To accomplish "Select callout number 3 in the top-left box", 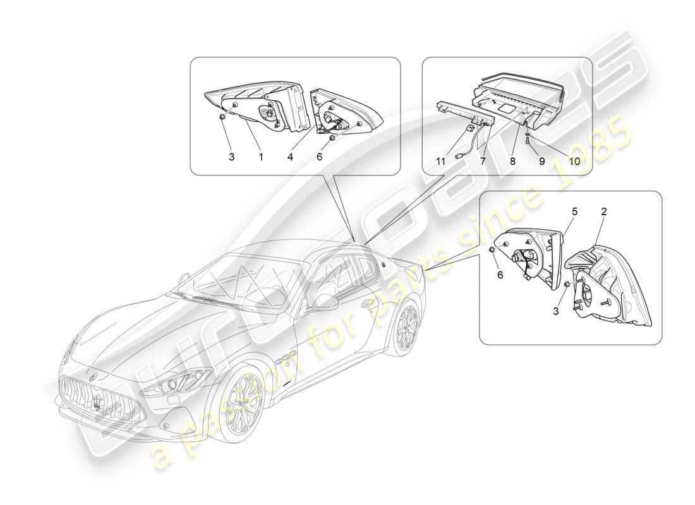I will pyautogui.click(x=232, y=157).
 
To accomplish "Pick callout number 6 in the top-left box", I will pyautogui.click(x=320, y=157).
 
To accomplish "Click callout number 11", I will pyautogui.click(x=440, y=162).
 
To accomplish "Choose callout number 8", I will pyautogui.click(x=512, y=162).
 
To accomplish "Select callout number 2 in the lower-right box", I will pyautogui.click(x=603, y=212).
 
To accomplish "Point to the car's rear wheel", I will pyautogui.click(x=405, y=326).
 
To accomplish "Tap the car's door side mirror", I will pyautogui.click(x=327, y=301).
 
